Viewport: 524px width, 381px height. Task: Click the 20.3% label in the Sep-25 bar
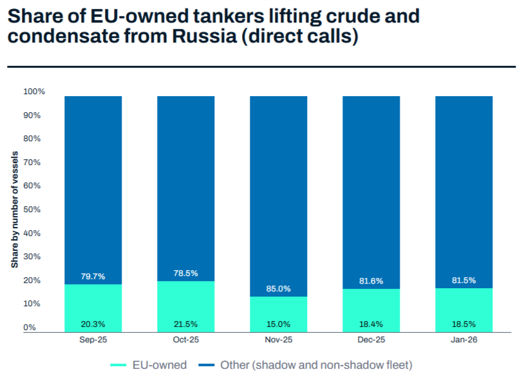[x=93, y=324]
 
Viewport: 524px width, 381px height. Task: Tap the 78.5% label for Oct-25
[x=186, y=273]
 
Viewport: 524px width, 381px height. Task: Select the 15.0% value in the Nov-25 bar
[x=279, y=324]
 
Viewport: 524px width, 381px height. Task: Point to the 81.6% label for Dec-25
[x=371, y=281]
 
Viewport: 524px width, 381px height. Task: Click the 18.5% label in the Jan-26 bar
[x=464, y=324]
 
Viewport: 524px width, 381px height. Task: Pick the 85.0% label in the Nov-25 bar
[x=279, y=289]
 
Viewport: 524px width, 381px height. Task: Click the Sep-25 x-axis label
[x=93, y=340]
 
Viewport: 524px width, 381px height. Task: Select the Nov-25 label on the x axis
[x=279, y=340]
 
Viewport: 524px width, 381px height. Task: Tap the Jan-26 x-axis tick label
[x=464, y=340]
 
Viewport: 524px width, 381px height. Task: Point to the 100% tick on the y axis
[x=34, y=92]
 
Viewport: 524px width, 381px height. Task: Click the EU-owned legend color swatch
[x=118, y=365]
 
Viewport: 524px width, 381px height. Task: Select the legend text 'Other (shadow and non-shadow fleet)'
[x=316, y=365]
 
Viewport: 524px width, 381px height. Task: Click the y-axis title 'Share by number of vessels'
[x=14, y=210]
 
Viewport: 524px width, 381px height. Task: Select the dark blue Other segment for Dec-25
[x=371, y=187]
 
